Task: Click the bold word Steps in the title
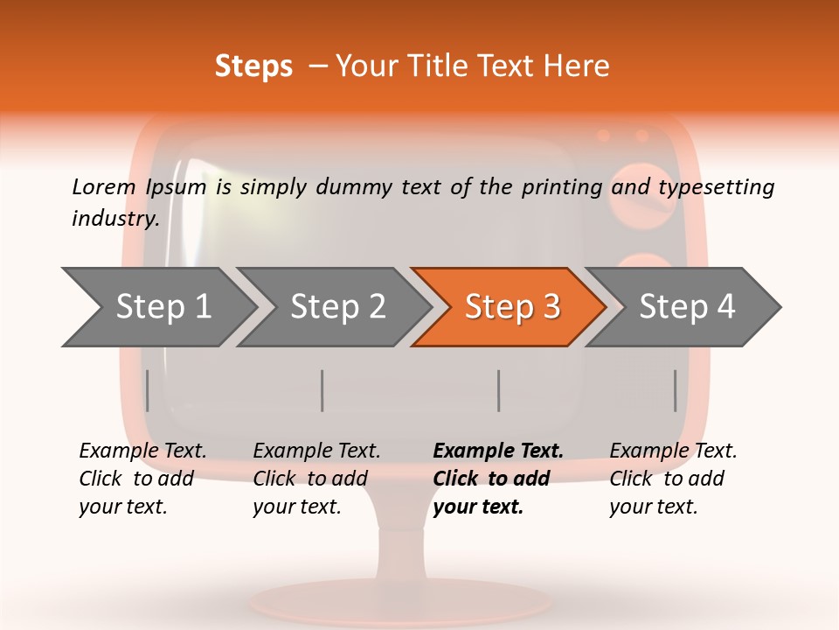(x=253, y=66)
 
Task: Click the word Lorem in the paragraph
(x=103, y=186)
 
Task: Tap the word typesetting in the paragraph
(x=716, y=186)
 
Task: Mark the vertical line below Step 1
(x=148, y=390)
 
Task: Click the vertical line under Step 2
(x=322, y=390)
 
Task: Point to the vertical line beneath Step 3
(x=498, y=390)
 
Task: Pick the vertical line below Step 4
(x=675, y=390)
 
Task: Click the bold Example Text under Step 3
(x=498, y=451)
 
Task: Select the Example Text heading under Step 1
(x=142, y=451)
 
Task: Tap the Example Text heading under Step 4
(x=673, y=451)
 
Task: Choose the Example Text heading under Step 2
(x=316, y=451)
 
